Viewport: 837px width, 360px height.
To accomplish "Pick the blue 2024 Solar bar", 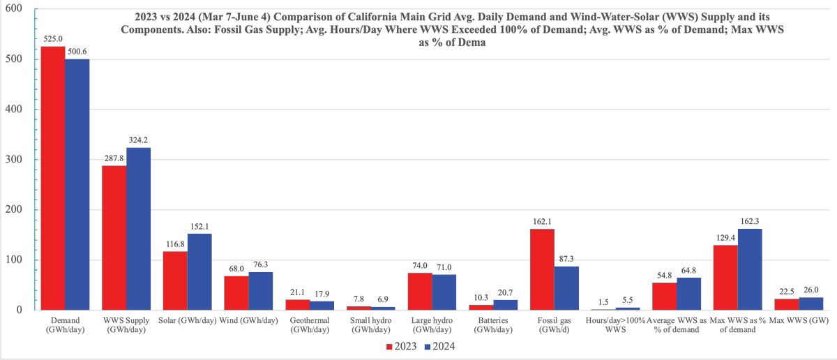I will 199,272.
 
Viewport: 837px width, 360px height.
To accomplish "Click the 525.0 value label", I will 52,40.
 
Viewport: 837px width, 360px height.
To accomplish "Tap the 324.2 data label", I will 139,141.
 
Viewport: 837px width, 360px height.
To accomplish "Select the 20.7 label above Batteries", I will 505,293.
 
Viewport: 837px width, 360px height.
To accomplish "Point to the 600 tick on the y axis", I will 13,9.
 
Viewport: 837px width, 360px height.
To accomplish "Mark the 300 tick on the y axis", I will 13,160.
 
